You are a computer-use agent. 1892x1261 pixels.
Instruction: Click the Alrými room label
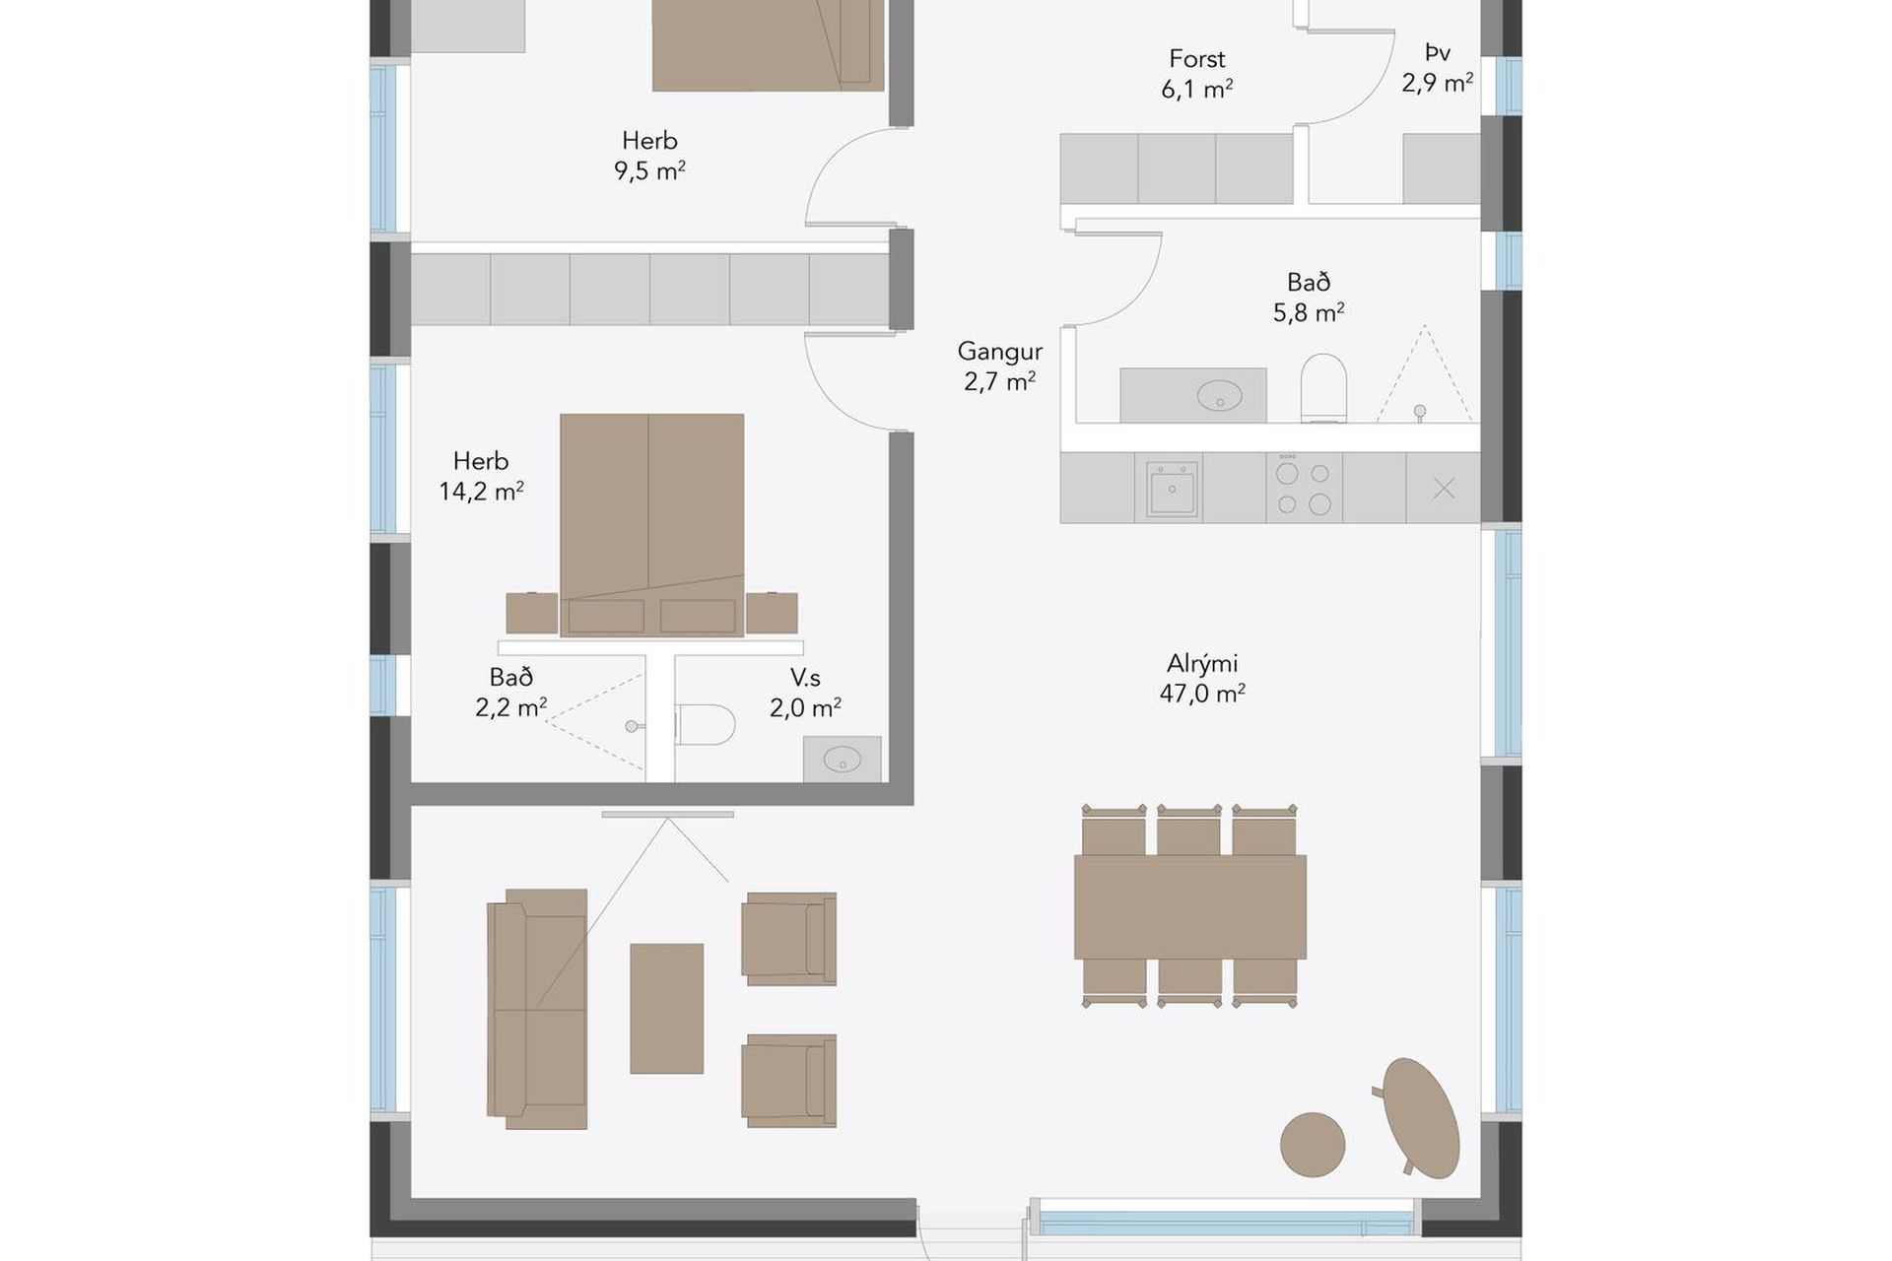tap(1202, 663)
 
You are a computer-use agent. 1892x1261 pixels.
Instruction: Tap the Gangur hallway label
tap(999, 351)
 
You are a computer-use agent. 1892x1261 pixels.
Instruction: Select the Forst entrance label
tap(1197, 59)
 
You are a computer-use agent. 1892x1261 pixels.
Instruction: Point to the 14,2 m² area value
tap(481, 491)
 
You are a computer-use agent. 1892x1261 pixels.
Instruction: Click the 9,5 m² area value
tap(649, 170)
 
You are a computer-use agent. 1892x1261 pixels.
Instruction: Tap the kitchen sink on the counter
tap(1172, 488)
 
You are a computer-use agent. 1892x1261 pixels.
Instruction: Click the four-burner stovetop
tap(1303, 487)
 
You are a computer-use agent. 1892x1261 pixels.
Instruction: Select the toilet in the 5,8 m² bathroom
tap(1323, 387)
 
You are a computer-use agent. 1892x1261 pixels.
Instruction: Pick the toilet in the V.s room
tap(706, 724)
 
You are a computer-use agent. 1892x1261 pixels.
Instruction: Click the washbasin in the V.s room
tap(843, 760)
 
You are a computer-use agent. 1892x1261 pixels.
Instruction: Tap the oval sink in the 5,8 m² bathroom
tap(1219, 396)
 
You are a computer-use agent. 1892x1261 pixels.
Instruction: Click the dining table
tap(1190, 906)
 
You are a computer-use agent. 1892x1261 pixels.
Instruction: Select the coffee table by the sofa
tap(667, 1008)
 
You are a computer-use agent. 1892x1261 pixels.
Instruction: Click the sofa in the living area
tap(537, 1009)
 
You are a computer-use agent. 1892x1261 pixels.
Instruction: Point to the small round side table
tap(1313, 1145)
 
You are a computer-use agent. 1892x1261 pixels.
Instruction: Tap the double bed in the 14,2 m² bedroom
tap(652, 524)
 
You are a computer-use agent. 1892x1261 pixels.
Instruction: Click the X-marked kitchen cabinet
tap(1444, 488)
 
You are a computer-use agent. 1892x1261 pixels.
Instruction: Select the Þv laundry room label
tap(1438, 52)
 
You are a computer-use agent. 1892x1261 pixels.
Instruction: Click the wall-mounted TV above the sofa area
tap(668, 815)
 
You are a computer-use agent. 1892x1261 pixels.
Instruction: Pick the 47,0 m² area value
tap(1202, 694)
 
